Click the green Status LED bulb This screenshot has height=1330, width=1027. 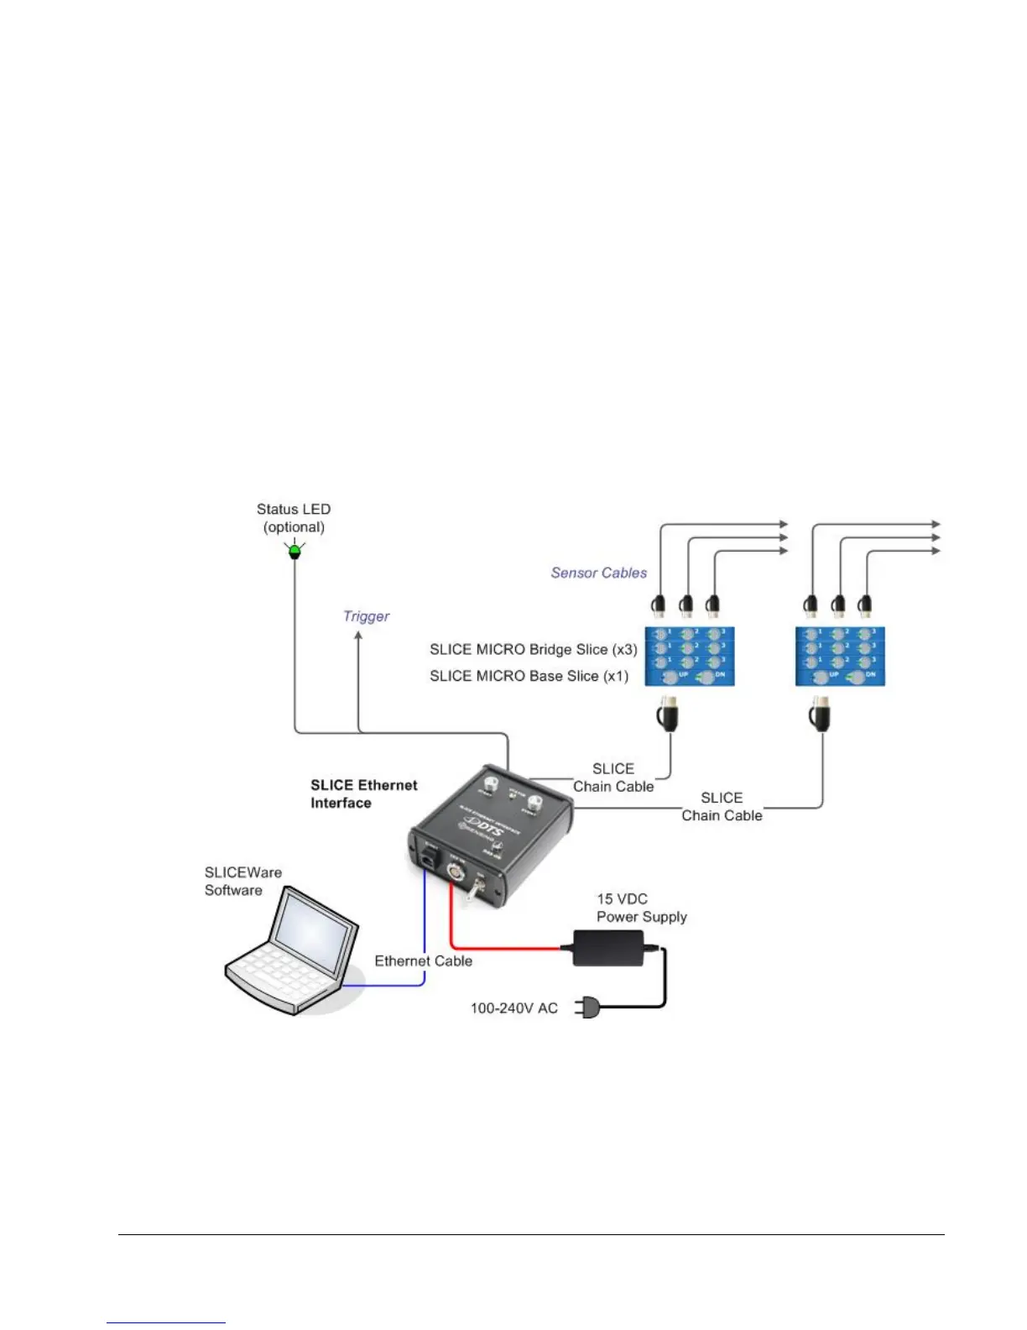(x=295, y=552)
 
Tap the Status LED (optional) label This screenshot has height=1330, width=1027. (x=294, y=518)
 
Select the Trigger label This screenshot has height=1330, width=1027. (x=367, y=616)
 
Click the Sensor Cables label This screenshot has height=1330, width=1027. (x=599, y=573)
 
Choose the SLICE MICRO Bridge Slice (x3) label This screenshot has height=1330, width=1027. (x=534, y=649)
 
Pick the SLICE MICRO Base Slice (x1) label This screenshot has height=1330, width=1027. (x=529, y=676)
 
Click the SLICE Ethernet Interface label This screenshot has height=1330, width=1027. (x=363, y=793)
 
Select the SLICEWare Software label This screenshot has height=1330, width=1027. (x=243, y=882)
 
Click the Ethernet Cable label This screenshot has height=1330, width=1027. (x=423, y=961)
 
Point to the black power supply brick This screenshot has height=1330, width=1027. (x=607, y=948)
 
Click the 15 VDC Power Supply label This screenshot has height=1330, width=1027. (x=642, y=908)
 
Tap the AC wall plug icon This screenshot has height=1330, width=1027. (x=586, y=1008)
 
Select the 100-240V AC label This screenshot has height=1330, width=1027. (x=513, y=1008)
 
